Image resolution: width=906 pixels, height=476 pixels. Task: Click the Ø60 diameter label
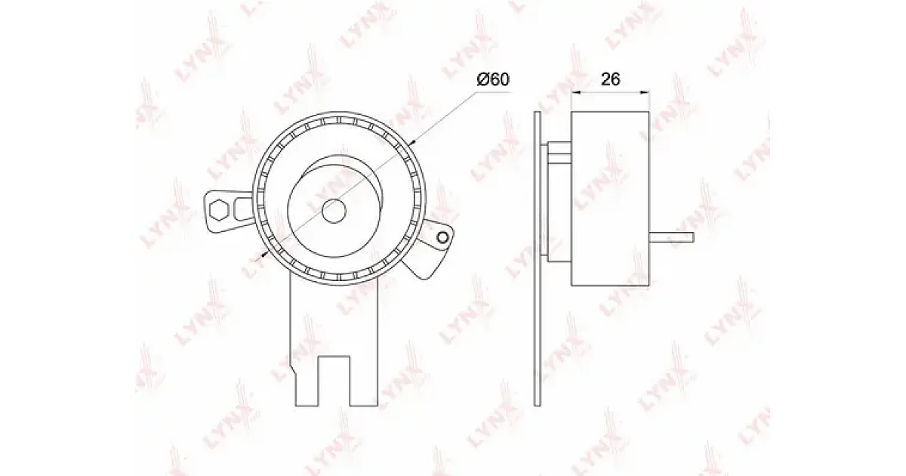click(x=492, y=79)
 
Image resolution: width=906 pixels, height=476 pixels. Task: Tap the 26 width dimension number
click(x=610, y=79)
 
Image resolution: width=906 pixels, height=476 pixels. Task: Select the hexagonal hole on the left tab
click(x=220, y=210)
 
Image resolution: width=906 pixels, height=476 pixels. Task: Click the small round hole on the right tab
click(x=443, y=237)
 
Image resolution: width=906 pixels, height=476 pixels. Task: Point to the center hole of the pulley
click(x=334, y=211)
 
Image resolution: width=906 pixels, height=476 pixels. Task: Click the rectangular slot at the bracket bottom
click(x=334, y=381)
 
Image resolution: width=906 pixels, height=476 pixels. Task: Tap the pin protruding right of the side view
click(x=672, y=237)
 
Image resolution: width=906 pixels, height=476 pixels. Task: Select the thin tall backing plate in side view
click(x=537, y=258)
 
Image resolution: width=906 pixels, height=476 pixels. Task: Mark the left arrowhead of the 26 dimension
click(x=575, y=93)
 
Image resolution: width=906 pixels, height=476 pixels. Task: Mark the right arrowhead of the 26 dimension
click(x=645, y=93)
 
